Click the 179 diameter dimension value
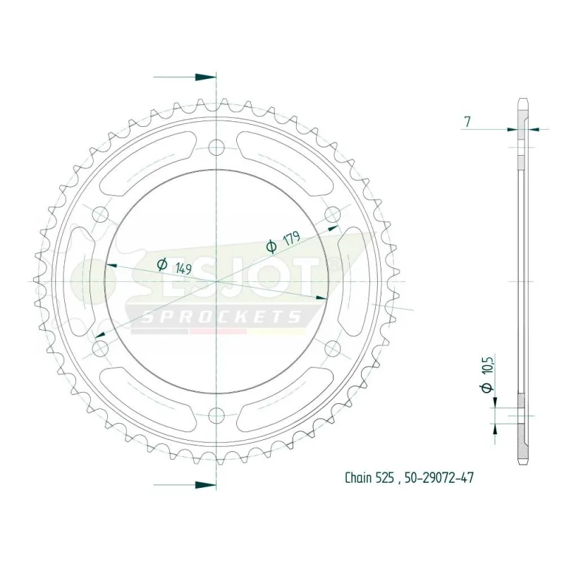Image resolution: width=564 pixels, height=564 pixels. point(292,239)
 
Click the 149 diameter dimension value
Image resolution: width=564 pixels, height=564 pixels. point(183,268)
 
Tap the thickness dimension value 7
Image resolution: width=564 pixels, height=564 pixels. point(467,122)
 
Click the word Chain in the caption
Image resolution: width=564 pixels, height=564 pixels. point(358,478)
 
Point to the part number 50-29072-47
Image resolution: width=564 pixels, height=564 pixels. point(439,478)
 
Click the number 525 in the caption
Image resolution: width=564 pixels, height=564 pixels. point(385,478)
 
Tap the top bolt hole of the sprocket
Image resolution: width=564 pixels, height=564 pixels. point(216,147)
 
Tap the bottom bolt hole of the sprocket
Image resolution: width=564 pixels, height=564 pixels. point(216,416)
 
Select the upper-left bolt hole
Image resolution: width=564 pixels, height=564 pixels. point(100,215)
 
